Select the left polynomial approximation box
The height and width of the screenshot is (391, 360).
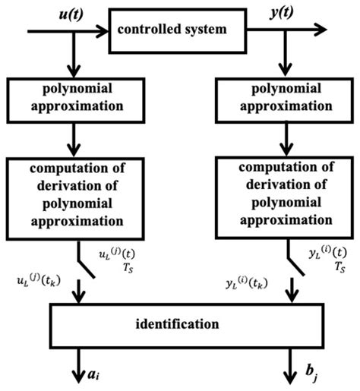[73, 99]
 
